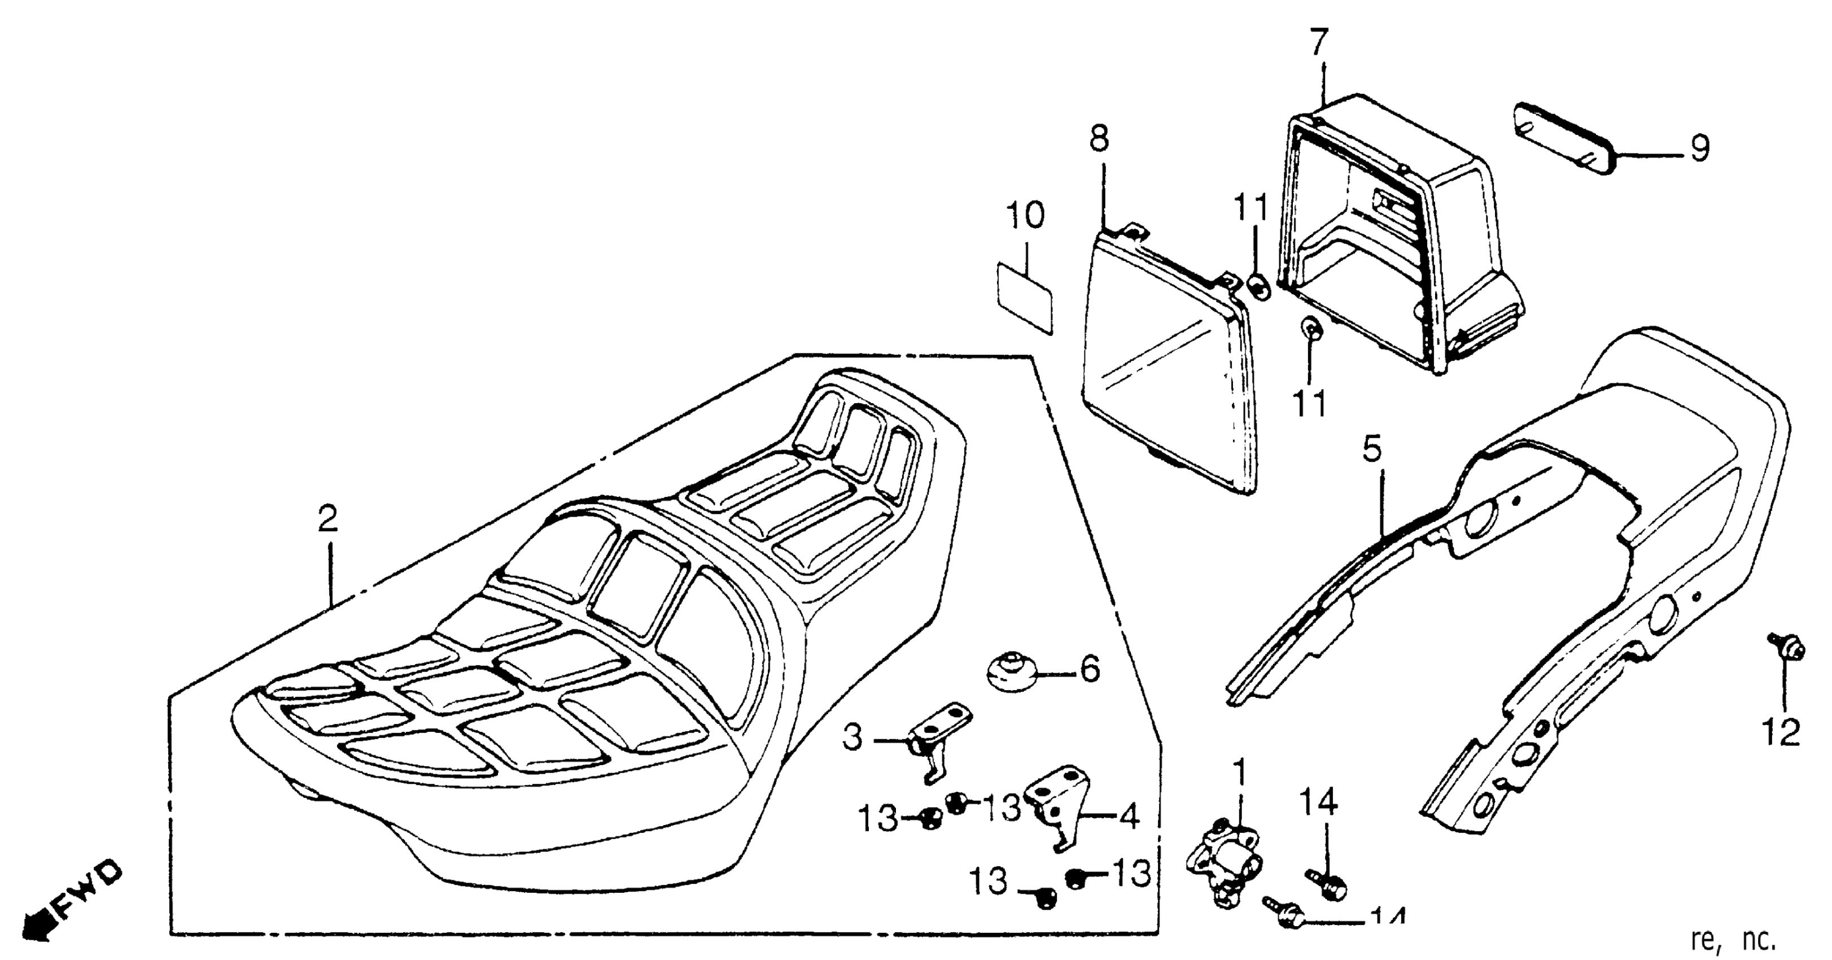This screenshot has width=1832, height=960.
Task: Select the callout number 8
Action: click(1099, 139)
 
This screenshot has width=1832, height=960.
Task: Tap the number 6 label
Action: click(1090, 669)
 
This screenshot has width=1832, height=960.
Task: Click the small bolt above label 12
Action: click(1783, 647)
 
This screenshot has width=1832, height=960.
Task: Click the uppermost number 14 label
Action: click(1320, 802)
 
